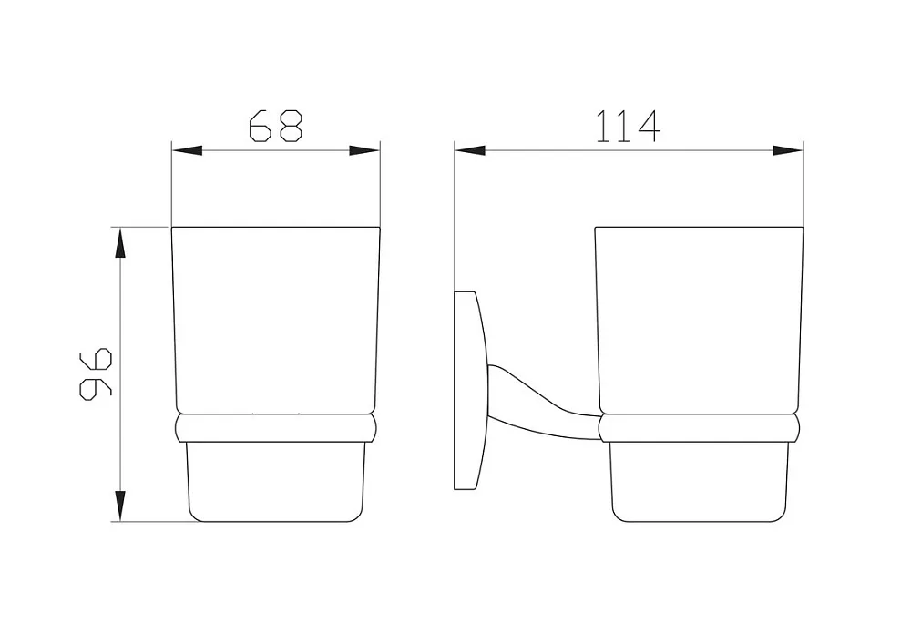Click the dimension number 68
click(x=276, y=126)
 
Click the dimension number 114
click(x=629, y=126)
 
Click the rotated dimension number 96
click(x=96, y=374)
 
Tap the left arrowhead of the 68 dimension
click(x=187, y=151)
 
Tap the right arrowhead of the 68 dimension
click(x=364, y=151)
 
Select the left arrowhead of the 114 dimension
click(x=470, y=151)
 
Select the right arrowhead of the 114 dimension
click(x=787, y=151)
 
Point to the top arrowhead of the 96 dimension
click(x=119, y=242)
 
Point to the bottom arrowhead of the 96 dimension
click(x=119, y=506)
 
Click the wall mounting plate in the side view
click(x=468, y=390)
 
